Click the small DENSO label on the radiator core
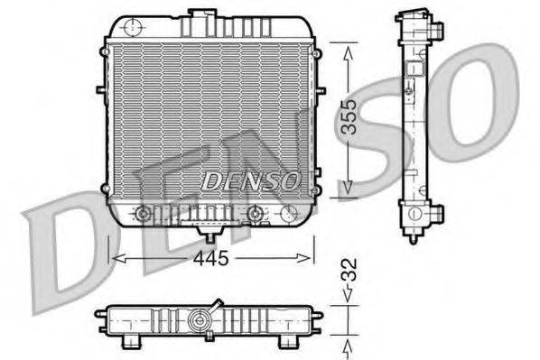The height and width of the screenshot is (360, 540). click(x=250, y=181)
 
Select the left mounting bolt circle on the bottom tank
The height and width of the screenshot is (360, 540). click(x=141, y=214)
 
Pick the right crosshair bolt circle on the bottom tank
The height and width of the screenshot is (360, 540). click(x=256, y=214)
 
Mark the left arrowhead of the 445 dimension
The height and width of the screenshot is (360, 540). click(x=114, y=258)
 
